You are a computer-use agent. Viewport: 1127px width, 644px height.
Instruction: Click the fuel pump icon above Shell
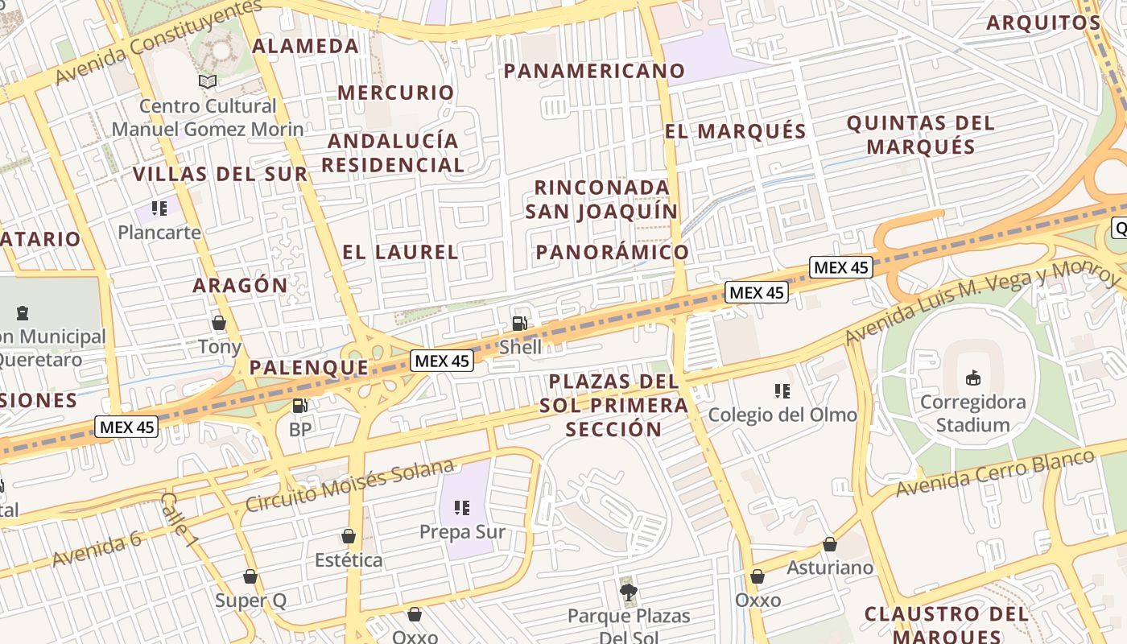(520, 324)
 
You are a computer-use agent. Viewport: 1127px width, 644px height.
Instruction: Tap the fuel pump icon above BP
(299, 407)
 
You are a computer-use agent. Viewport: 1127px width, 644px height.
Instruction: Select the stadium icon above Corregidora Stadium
(972, 378)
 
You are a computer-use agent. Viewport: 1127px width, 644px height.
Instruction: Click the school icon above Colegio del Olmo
(782, 391)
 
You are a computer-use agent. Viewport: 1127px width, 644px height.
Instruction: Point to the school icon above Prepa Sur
(462, 507)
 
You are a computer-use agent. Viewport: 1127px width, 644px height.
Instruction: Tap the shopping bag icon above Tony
(218, 323)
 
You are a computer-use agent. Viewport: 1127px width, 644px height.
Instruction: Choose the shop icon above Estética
(349, 536)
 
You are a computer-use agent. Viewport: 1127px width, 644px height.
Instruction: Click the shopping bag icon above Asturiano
(829, 544)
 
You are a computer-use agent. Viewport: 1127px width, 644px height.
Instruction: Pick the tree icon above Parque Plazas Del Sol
(629, 593)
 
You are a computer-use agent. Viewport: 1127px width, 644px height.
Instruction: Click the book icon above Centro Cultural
(208, 81)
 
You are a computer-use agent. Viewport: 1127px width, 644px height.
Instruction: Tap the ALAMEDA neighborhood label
(305, 46)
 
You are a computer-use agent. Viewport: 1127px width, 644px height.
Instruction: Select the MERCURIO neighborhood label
(396, 93)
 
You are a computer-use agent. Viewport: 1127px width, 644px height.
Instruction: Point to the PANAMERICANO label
(594, 71)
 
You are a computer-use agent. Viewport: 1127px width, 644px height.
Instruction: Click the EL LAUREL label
(400, 252)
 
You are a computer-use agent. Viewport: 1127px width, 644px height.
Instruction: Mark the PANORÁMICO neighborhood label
(613, 252)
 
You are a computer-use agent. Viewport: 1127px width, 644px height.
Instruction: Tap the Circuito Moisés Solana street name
(350, 486)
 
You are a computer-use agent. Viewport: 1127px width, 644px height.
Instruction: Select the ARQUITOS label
(1043, 23)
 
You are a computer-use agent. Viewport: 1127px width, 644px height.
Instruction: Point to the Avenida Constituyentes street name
(158, 41)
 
